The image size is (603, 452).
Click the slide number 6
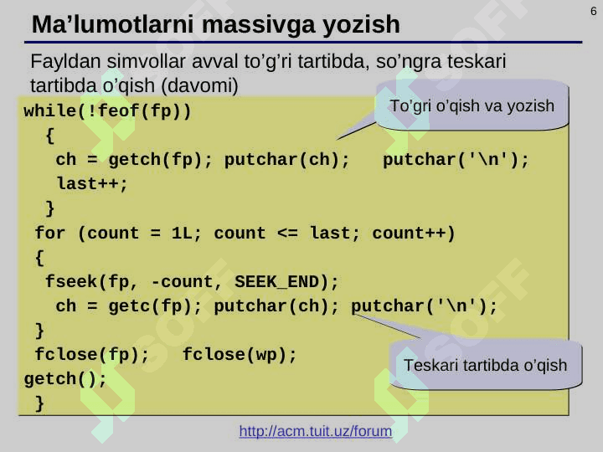pos(594,11)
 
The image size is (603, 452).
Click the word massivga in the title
pos(259,25)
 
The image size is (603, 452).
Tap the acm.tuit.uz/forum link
pos(316,431)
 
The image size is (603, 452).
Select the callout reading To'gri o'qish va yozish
pos(472,106)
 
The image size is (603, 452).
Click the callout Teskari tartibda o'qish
pos(485,365)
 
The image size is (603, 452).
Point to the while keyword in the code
pos(50,111)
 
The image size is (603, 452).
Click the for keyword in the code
pos(50,234)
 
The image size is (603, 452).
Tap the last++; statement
pos(92,184)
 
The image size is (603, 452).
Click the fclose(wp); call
pos(240,354)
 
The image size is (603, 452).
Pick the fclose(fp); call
pos(91,354)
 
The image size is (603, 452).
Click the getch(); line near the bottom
pos(65,379)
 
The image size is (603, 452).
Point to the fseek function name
pos(71,282)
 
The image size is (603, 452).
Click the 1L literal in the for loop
pos(182,234)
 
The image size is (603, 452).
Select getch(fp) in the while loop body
pos(155,160)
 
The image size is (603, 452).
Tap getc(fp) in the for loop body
pos(150,306)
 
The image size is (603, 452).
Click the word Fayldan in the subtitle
pos(65,61)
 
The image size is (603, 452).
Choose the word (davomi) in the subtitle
pos(199,85)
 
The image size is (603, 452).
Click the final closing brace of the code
pos(39,403)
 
